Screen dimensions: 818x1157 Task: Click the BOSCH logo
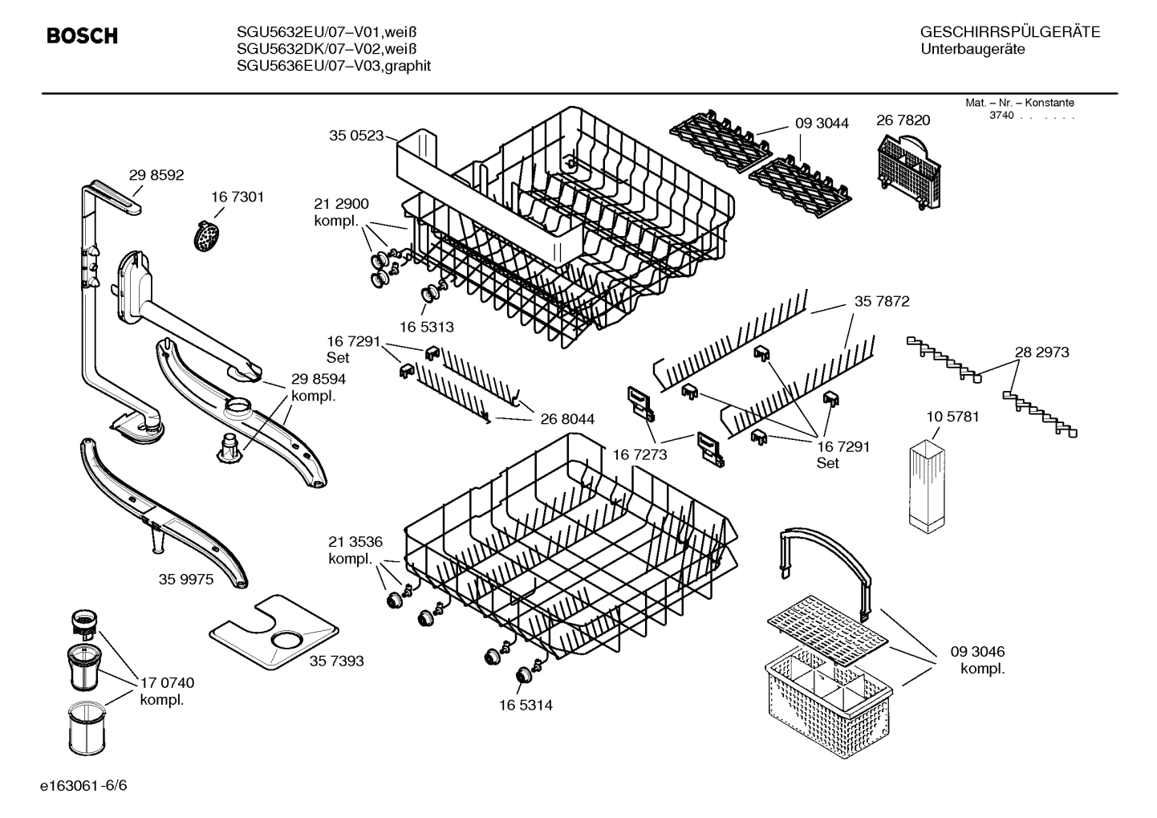(x=82, y=36)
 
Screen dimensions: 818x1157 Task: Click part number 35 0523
(x=356, y=136)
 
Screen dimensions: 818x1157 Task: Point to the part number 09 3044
(x=822, y=124)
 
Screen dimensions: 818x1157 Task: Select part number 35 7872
(x=882, y=302)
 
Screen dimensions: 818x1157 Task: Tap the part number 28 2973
(x=1041, y=352)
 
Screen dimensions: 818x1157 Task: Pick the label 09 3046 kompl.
(x=977, y=660)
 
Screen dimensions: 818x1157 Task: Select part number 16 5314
(x=526, y=705)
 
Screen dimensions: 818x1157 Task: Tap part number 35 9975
(x=185, y=579)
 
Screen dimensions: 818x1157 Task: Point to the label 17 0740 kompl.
(x=167, y=691)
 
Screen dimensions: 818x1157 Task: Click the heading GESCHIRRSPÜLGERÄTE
(x=1009, y=32)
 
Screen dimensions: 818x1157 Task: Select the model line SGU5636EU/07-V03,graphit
(x=334, y=66)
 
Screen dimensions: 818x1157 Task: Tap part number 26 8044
(x=567, y=419)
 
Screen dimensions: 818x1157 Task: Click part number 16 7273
(x=639, y=454)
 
